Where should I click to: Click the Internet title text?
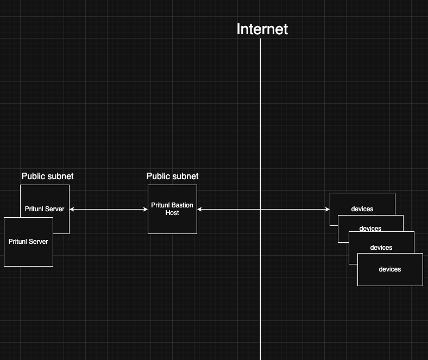(x=262, y=29)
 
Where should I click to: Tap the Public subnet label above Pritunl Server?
(x=47, y=176)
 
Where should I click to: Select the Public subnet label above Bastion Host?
(x=172, y=176)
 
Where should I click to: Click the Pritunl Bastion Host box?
(x=172, y=223)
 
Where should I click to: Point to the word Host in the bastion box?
(x=172, y=213)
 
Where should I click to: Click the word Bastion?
(x=182, y=205)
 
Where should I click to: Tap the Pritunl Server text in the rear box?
(x=45, y=209)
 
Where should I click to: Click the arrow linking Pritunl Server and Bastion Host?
(x=109, y=209)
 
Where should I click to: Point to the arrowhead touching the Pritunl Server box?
(x=72, y=209)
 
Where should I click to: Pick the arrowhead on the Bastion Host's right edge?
(x=199, y=209)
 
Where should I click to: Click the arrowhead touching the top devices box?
(x=328, y=209)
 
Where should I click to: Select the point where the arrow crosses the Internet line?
(x=260, y=209)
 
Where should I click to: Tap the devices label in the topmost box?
(x=362, y=209)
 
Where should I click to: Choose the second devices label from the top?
(x=370, y=229)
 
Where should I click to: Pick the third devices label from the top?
(x=381, y=248)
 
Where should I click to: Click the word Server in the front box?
(x=39, y=242)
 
